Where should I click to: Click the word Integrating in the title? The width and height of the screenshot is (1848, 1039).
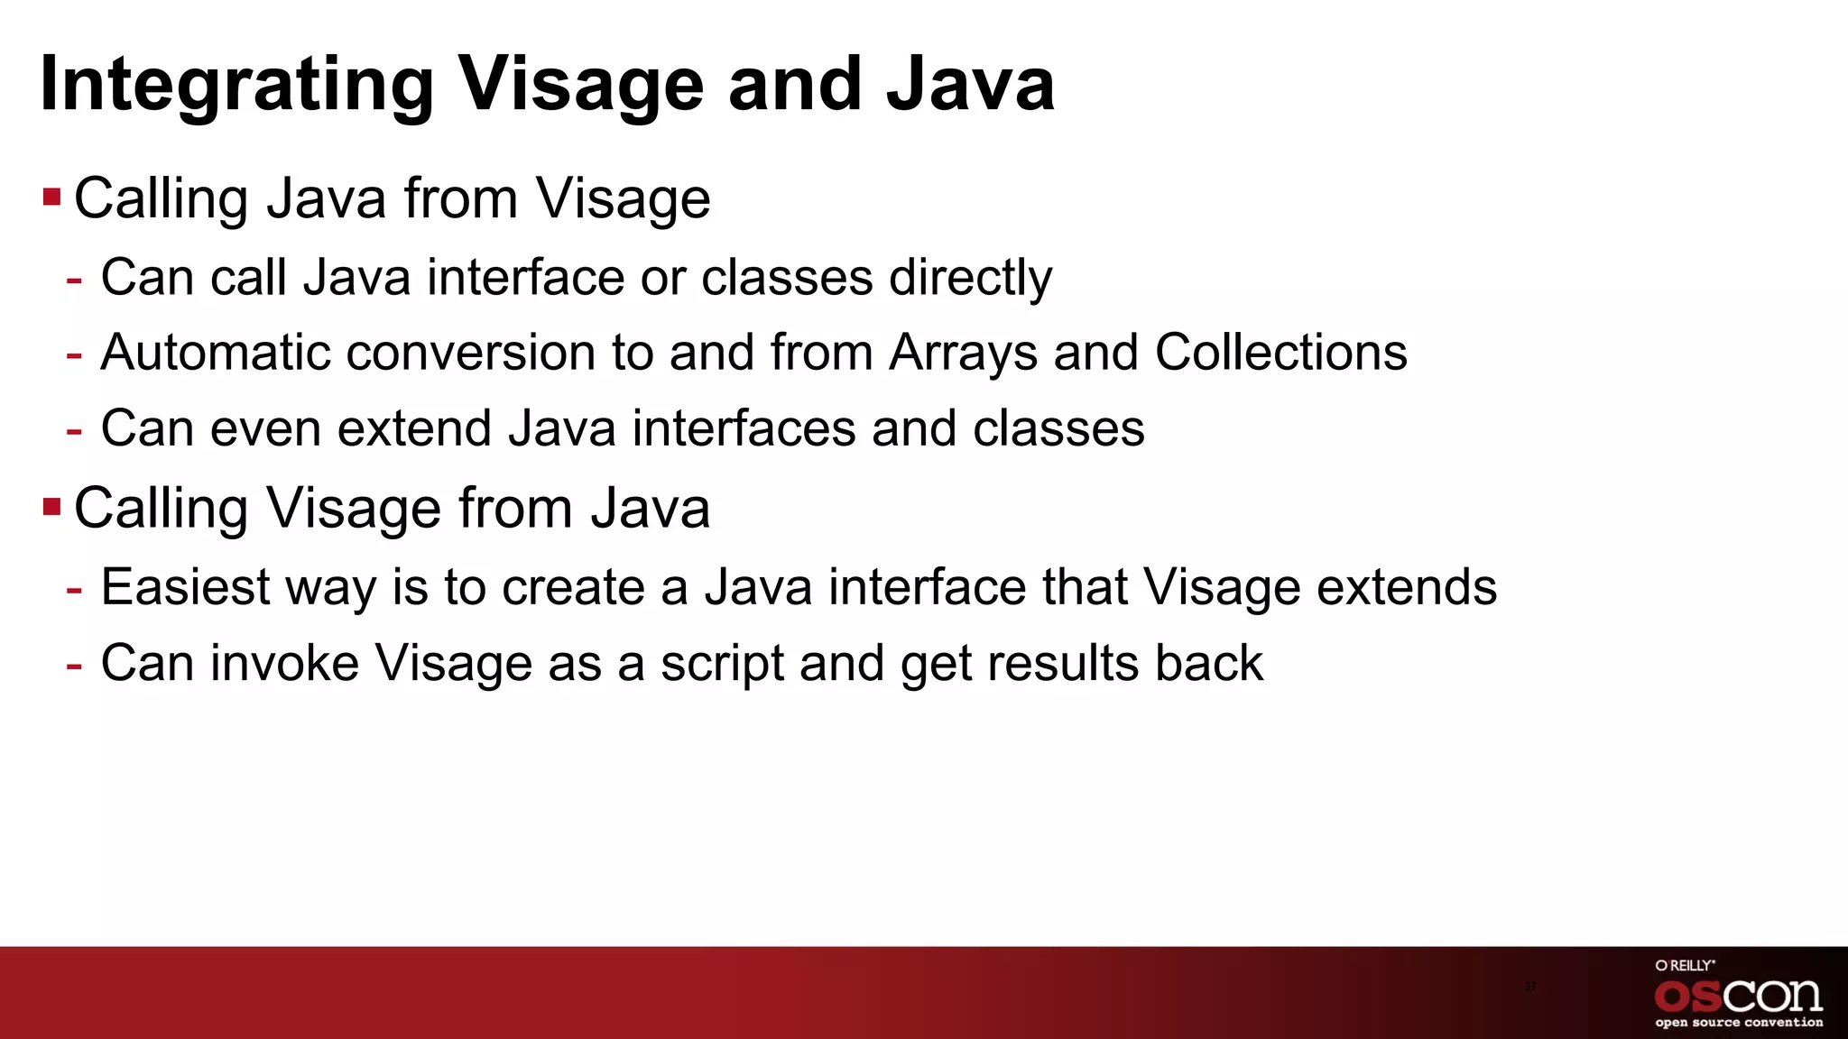click(236, 86)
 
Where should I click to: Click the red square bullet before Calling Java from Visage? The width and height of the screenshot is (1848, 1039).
click(51, 197)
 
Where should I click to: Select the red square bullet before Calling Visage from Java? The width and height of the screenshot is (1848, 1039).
click(51, 507)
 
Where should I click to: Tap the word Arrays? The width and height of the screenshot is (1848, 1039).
click(963, 354)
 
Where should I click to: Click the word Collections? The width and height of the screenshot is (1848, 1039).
click(1280, 353)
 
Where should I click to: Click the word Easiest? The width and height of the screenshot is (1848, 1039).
click(185, 588)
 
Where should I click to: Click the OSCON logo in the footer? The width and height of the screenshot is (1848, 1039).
click(1738, 996)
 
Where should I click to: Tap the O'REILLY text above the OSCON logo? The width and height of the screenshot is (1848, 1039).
click(1685, 965)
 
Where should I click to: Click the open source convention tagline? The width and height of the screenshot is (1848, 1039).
click(1738, 1023)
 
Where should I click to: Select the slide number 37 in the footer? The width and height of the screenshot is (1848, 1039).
click(1529, 986)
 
